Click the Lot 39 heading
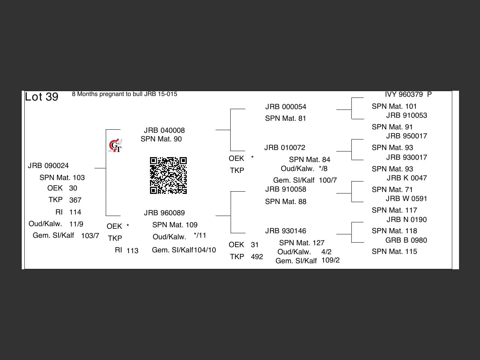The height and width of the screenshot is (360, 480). tap(42, 97)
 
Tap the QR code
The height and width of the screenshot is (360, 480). tap(168, 175)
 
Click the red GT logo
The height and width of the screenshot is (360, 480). tap(115, 145)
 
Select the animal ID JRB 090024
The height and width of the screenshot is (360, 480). tap(48, 166)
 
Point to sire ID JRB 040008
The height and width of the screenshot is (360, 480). tap(164, 130)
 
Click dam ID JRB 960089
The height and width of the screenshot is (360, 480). tap(164, 213)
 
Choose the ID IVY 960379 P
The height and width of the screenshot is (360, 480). tap(408, 94)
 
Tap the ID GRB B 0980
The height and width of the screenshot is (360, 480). tap(406, 240)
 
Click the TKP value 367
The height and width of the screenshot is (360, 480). tap(75, 200)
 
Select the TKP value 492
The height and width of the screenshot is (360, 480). tap(257, 256)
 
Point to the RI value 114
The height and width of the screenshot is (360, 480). tap(75, 212)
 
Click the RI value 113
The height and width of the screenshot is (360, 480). tap(132, 250)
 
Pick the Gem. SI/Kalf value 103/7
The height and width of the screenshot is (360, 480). tap(90, 235)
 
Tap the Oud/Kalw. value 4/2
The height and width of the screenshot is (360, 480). tap(326, 252)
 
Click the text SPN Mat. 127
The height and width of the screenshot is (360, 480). tap(302, 243)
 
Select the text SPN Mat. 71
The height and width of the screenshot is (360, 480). tap(392, 189)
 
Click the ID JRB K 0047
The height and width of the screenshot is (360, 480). tap(407, 178)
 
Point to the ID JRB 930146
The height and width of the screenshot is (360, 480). tap(286, 231)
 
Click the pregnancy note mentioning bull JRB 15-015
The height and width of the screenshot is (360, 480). tap(124, 94)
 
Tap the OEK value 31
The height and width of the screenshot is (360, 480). tap(255, 245)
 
